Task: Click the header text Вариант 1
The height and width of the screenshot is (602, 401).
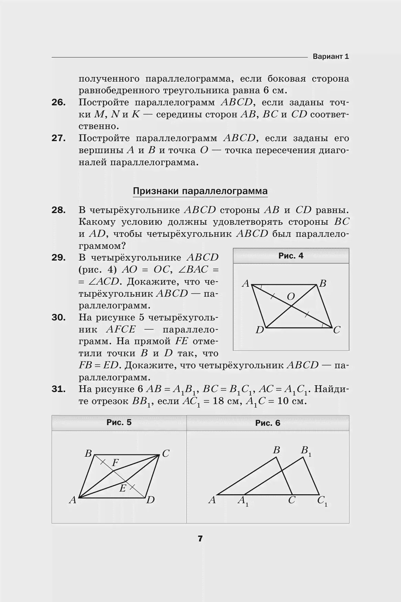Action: click(x=330, y=56)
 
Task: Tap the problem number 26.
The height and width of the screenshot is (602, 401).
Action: click(x=58, y=103)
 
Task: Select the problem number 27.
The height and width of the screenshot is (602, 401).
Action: click(x=58, y=138)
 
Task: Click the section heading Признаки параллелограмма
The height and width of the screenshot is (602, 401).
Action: click(x=200, y=191)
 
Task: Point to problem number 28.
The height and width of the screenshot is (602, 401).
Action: click(x=58, y=210)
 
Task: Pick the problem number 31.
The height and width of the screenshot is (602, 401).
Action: click(x=58, y=389)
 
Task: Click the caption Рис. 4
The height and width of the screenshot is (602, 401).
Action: click(x=291, y=256)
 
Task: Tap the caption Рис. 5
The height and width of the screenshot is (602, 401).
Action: click(x=119, y=422)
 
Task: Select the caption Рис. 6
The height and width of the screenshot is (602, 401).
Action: click(x=268, y=423)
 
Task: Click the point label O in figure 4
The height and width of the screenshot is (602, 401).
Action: click(x=291, y=296)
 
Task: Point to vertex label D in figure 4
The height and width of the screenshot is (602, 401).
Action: click(x=260, y=330)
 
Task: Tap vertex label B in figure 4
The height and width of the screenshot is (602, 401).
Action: click(x=323, y=284)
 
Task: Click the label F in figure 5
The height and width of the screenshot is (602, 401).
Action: click(x=115, y=463)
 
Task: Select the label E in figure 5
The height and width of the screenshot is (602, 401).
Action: click(x=122, y=488)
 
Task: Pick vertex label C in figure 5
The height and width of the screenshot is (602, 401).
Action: click(x=166, y=454)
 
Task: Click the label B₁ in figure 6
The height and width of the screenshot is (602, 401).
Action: click(x=306, y=451)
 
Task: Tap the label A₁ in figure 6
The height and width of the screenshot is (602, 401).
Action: click(x=243, y=501)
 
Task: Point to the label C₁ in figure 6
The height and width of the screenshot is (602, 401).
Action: click(x=322, y=501)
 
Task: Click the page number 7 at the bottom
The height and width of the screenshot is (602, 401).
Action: click(x=200, y=539)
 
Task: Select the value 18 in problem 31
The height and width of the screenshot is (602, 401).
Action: click(x=218, y=401)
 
